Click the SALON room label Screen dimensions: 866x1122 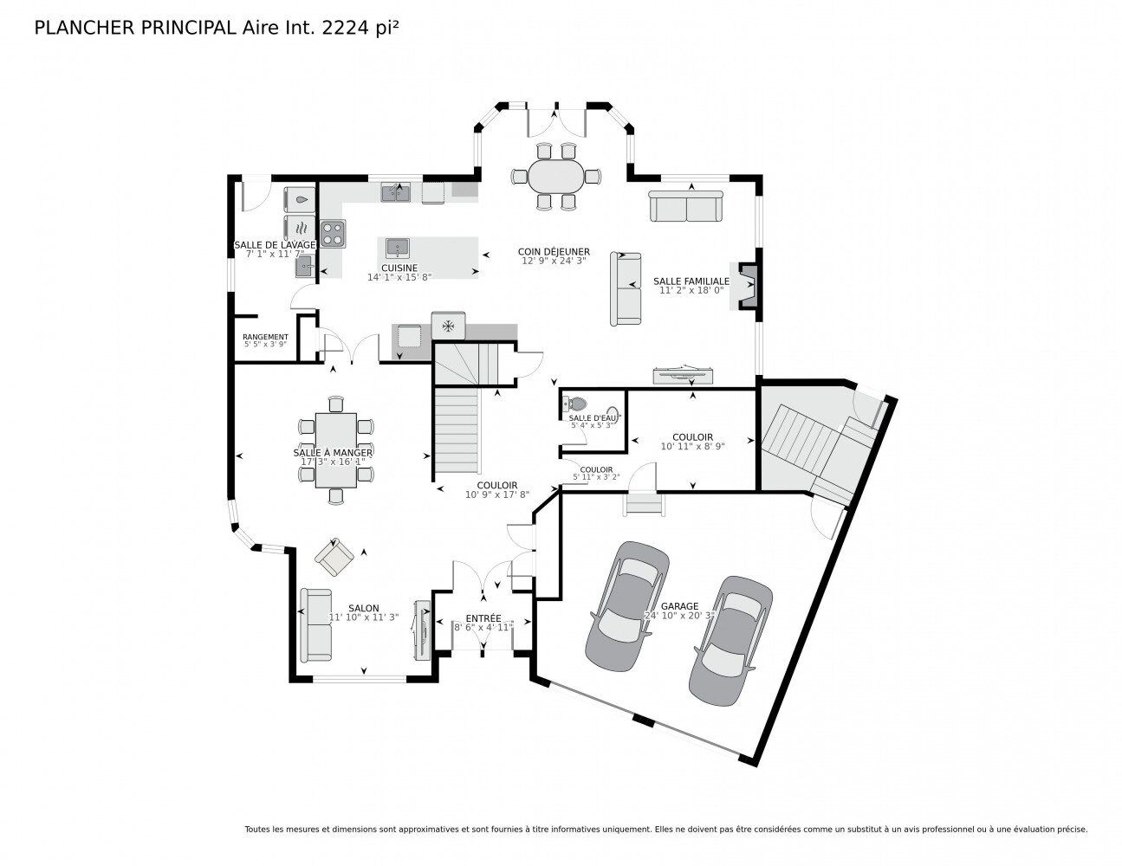364,608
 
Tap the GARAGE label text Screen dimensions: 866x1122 679,606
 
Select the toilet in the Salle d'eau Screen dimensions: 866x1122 575,404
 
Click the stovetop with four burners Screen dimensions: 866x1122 333,233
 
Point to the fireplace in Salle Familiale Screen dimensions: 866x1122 749,286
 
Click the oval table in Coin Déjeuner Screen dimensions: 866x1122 555,177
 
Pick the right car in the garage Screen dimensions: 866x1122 730,639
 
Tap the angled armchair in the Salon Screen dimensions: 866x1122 334,556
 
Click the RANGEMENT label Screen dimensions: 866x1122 265,337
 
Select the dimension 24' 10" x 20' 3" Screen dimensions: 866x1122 679,617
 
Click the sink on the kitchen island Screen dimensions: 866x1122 398,248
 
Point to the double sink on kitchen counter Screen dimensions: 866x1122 396,191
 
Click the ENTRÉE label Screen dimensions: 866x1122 483,617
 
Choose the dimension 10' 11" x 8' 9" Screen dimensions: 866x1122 692,447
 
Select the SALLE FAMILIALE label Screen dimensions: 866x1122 691,281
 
